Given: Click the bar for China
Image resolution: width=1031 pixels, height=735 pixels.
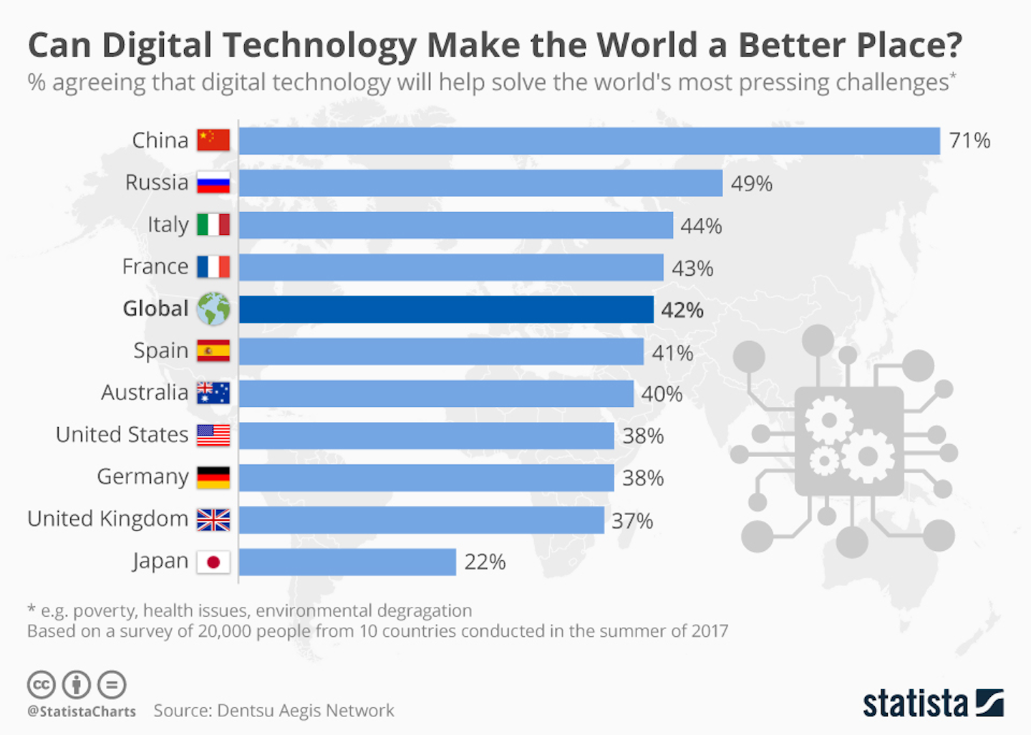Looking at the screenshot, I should tap(589, 141).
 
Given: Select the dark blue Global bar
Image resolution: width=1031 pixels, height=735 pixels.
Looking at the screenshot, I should tap(445, 309).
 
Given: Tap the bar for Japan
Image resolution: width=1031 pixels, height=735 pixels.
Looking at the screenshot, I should tap(347, 562).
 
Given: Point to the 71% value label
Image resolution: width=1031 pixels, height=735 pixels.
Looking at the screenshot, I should tap(969, 140).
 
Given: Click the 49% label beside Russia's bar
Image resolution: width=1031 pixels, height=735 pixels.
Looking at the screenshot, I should tap(751, 184).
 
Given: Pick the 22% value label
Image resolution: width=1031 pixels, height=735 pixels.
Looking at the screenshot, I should tap(485, 562).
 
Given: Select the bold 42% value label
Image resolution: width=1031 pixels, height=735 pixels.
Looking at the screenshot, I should tap(682, 310).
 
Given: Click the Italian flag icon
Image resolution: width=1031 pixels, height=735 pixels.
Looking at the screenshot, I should tap(213, 225).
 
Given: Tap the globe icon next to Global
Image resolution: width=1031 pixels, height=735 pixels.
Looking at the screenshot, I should tap(213, 309).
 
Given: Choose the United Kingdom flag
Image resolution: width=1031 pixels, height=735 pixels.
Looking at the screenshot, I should tap(213, 519).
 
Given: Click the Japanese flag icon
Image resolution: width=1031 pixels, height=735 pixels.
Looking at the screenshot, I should tap(213, 562).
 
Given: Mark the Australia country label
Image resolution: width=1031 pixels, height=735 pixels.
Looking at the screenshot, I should tap(144, 393).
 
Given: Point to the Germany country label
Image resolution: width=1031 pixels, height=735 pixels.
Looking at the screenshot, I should tap(142, 477).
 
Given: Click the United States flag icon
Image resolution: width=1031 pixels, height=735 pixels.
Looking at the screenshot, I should tap(213, 436).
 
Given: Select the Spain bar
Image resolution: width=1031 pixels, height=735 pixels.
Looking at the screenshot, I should tap(441, 352).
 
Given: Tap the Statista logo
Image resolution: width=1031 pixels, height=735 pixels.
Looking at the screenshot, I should tap(932, 703).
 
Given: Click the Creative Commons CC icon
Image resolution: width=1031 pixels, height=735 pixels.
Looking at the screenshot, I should tap(41, 685).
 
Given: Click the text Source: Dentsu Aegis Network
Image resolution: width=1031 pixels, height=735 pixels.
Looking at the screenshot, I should tap(274, 711).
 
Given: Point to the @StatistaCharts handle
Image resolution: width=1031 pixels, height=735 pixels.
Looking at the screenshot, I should tap(81, 711).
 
